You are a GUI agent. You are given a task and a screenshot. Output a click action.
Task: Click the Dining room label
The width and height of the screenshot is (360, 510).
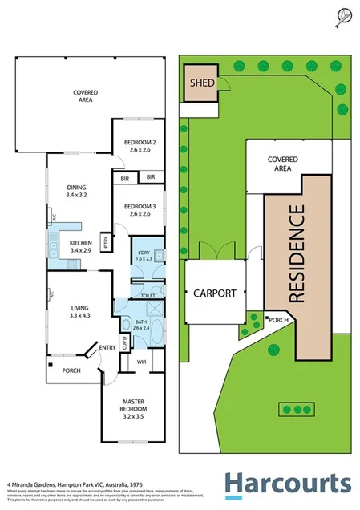point(80,192)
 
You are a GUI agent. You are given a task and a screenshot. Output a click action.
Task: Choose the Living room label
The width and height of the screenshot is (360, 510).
point(79,311)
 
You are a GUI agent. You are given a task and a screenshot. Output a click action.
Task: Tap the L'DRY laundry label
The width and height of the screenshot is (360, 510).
point(144,256)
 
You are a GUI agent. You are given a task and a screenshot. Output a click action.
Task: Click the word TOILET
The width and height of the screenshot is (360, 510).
point(148,296)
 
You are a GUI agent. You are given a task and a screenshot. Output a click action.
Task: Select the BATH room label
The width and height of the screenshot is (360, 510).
point(141,324)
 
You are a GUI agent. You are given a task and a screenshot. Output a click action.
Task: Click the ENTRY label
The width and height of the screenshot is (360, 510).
point(107,347)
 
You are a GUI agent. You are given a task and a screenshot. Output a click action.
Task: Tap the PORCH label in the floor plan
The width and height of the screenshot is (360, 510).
point(71,370)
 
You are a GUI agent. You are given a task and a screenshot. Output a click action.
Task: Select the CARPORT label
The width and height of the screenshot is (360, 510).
point(215,293)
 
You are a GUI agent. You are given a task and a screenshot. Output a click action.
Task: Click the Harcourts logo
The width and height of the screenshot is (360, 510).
point(287,484)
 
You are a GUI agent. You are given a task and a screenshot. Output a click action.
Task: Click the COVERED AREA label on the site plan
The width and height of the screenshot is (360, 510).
point(281,164)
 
